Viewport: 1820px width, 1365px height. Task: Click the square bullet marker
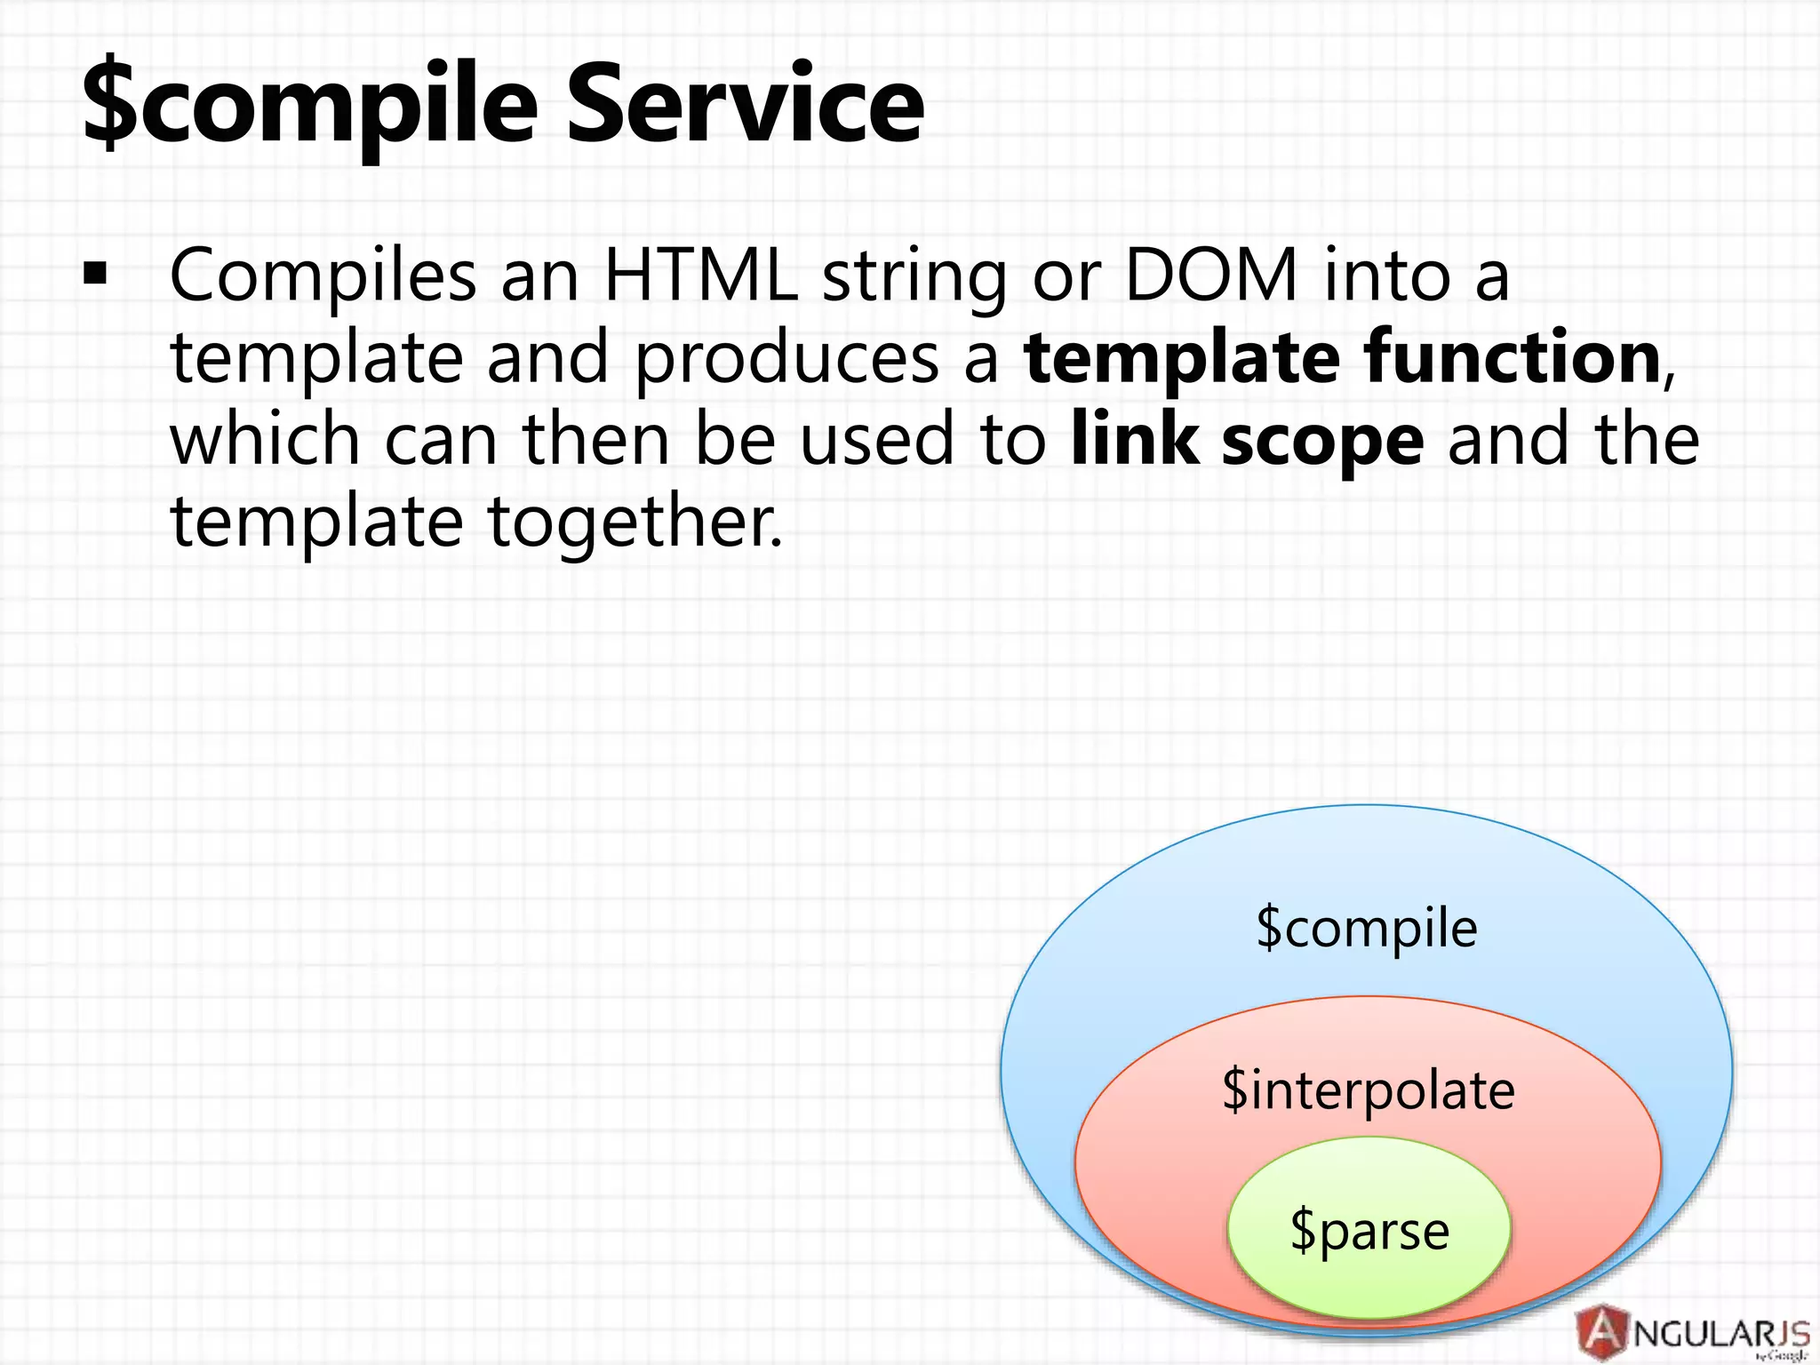[x=94, y=275]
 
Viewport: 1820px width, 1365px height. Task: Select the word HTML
[x=700, y=275]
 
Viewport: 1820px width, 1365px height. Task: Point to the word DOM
[x=1211, y=275]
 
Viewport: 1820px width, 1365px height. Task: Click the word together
[x=635, y=523]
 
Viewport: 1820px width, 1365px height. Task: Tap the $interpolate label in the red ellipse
[x=1368, y=1091]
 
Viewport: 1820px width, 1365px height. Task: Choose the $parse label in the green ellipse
[x=1369, y=1232]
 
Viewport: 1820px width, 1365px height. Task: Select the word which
[x=265, y=439]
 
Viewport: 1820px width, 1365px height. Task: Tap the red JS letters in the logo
[x=1788, y=1333]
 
